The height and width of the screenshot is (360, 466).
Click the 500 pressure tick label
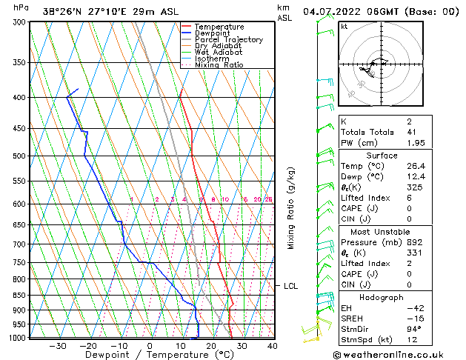(x=19, y=156)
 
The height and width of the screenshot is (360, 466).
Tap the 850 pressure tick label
(x=19, y=295)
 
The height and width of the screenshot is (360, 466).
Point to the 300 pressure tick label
(x=19, y=22)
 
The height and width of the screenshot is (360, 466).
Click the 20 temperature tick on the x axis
(x=211, y=346)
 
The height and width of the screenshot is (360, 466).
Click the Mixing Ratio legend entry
(x=219, y=65)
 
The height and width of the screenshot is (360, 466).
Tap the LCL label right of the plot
(x=291, y=286)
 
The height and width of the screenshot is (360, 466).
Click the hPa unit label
(x=21, y=7)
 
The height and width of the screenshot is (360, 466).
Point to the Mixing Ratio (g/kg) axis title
(x=291, y=207)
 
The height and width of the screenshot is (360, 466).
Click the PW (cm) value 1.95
(x=415, y=143)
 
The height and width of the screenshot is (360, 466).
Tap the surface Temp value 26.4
(x=415, y=166)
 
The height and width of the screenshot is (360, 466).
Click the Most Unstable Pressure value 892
(x=414, y=242)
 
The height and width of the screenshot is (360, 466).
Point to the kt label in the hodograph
(x=344, y=27)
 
